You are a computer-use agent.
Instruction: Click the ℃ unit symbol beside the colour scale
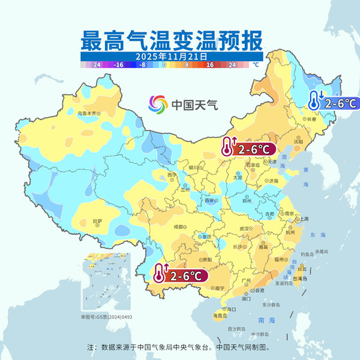255,64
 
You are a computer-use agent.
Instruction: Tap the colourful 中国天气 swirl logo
159,104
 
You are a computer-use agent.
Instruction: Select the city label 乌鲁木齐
87,113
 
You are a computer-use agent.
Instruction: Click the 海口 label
232,308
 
